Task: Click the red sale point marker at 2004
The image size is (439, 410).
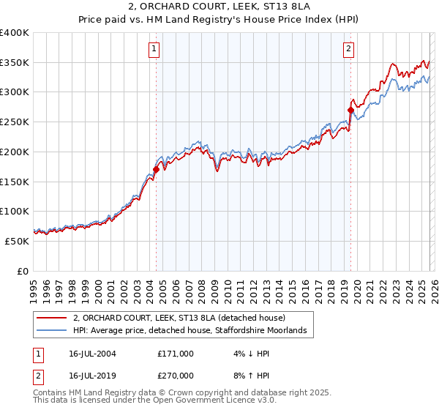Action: tap(156, 169)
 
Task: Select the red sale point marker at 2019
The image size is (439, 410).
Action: tap(350, 111)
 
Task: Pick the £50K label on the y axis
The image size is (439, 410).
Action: tap(18, 241)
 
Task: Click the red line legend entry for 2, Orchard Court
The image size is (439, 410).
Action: tap(183, 318)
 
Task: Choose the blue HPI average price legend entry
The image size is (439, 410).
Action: tap(194, 331)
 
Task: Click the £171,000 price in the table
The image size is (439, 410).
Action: tap(175, 353)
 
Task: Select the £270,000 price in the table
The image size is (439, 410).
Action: tap(175, 375)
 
